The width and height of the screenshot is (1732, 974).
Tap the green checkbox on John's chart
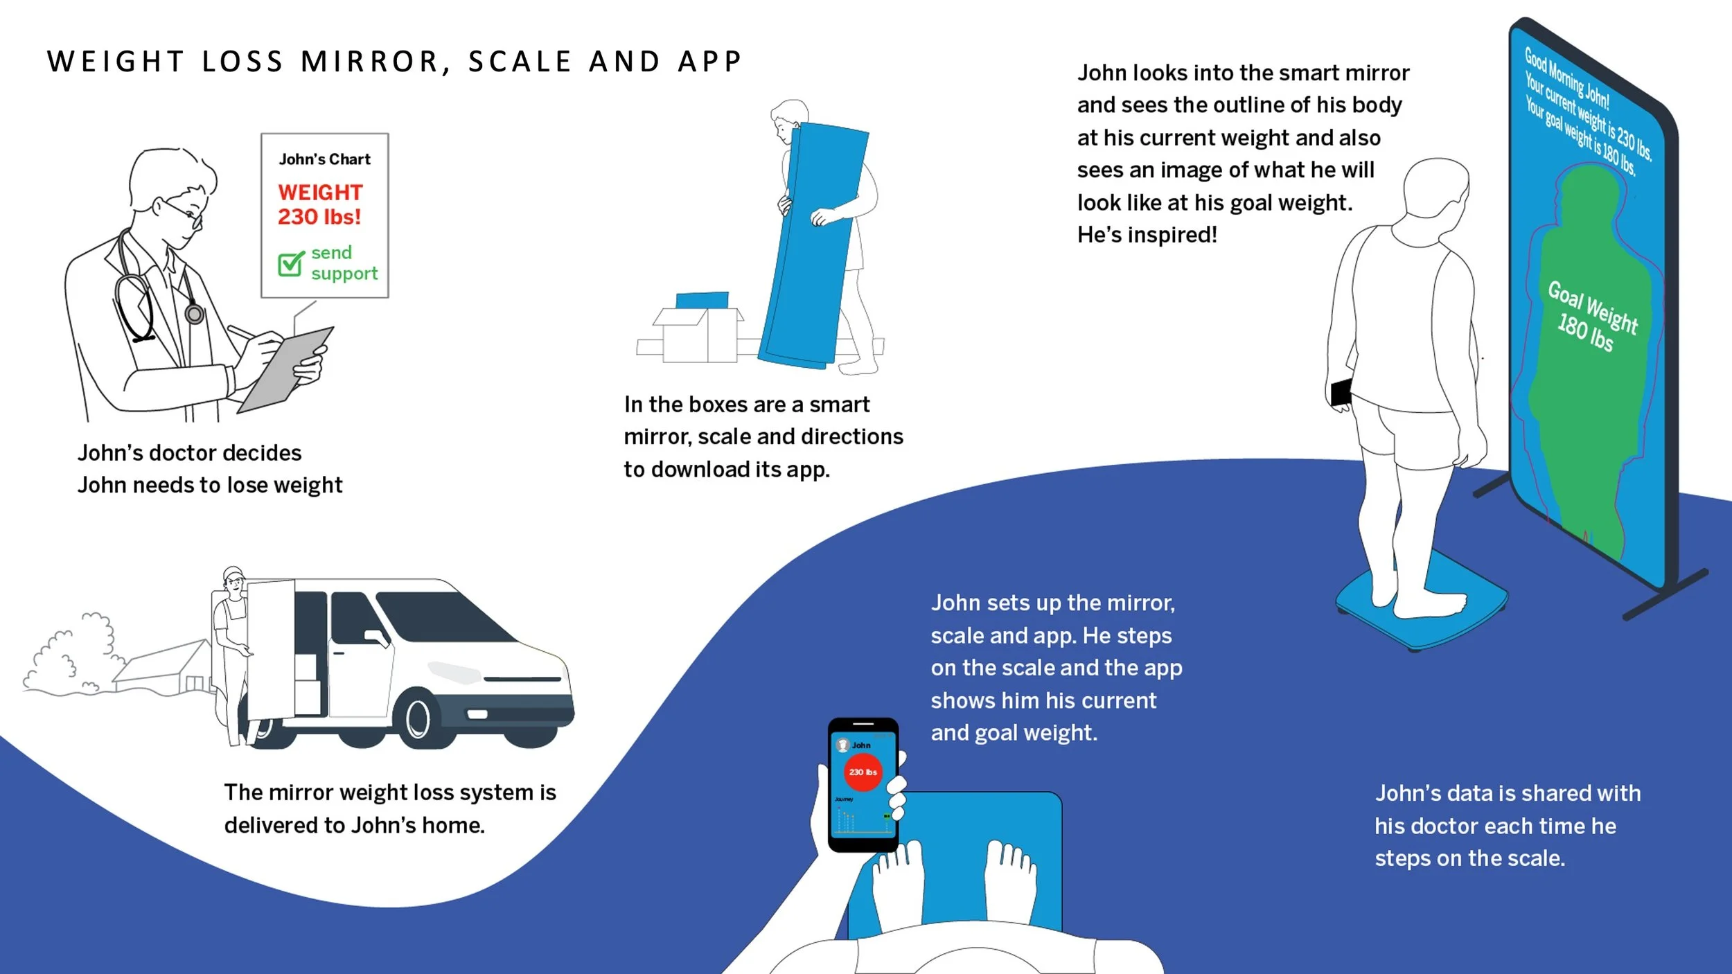pyautogui.click(x=290, y=264)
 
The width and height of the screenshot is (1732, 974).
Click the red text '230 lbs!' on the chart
pyautogui.click(x=319, y=217)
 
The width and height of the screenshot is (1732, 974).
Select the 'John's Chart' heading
pyautogui.click(x=325, y=159)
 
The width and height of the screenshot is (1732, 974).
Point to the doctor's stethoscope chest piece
pyautogui.click(x=195, y=315)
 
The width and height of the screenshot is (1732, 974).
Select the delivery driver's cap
pyautogui.click(x=233, y=573)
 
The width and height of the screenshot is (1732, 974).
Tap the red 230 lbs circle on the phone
pyautogui.click(x=863, y=772)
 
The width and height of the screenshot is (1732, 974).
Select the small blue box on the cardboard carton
pyautogui.click(x=702, y=300)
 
